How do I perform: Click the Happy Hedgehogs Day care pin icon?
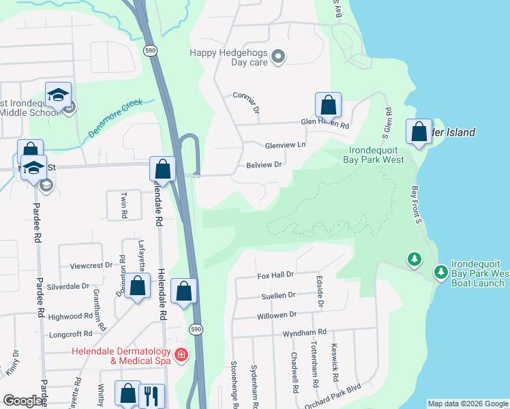point(277,57)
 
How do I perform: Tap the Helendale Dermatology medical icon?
point(181,354)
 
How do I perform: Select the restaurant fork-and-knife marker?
point(151,395)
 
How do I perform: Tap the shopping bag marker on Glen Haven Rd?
point(328,106)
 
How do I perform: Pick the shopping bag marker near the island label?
point(419,132)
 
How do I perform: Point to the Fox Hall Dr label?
point(275,275)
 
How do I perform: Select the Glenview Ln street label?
point(285,145)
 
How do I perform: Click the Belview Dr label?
point(264,165)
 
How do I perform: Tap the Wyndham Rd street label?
point(305,333)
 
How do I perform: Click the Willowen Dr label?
point(277,315)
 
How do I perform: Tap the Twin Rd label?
point(124,204)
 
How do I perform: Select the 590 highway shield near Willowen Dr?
point(196,329)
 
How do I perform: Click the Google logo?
point(23,401)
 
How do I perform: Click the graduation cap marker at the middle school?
point(59,95)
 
